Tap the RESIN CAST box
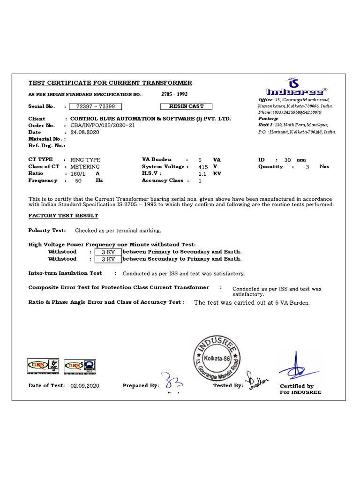coord(186,106)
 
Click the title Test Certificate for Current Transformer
coord(110,83)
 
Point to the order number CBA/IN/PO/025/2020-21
coord(103,126)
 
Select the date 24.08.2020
coord(85,132)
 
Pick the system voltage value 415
coord(203,166)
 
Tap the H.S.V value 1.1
coord(202,173)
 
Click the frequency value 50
coord(78,180)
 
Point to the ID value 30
coord(287,160)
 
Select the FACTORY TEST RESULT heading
coord(63,216)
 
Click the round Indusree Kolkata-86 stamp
coord(217,358)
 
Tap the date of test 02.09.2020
coord(85,386)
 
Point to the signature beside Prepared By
coord(172,382)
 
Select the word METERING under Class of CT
coord(85,166)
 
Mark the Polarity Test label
coord(47,231)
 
